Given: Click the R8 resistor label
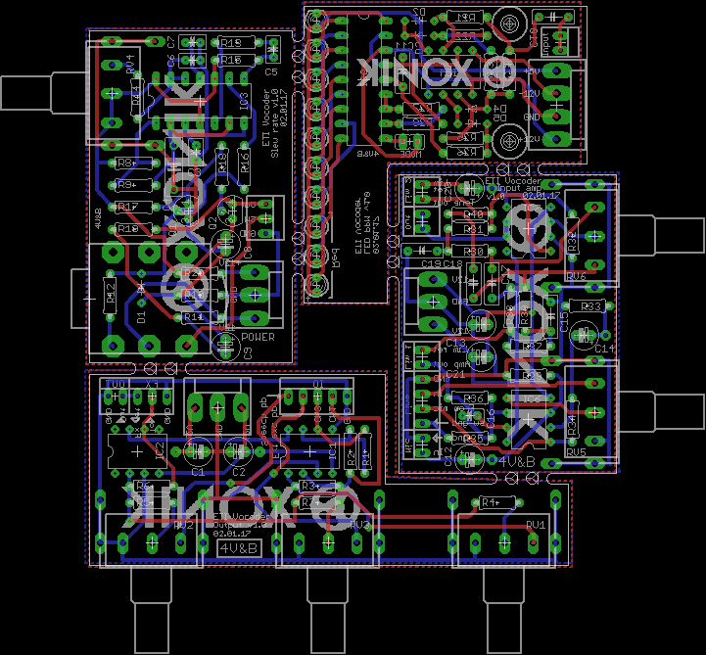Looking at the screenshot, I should coord(124,163).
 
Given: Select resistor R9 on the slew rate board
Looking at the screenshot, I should coord(127,184).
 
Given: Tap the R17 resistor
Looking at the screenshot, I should coord(126,207).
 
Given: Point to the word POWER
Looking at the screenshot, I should coord(258,338).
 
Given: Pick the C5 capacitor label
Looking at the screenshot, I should coord(271,72).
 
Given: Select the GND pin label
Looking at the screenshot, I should coord(534,117).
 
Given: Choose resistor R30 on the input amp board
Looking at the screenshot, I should coord(475,252).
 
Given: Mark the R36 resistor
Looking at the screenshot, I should coord(475,398).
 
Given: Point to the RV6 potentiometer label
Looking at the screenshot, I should coord(576,276).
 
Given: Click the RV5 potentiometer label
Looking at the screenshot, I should coord(575,452).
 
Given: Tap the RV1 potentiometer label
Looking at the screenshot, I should coord(536,526).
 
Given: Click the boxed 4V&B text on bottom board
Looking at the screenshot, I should coord(237,548).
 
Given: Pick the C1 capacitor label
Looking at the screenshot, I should coord(198,472).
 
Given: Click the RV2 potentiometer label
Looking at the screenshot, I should coord(181,526).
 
